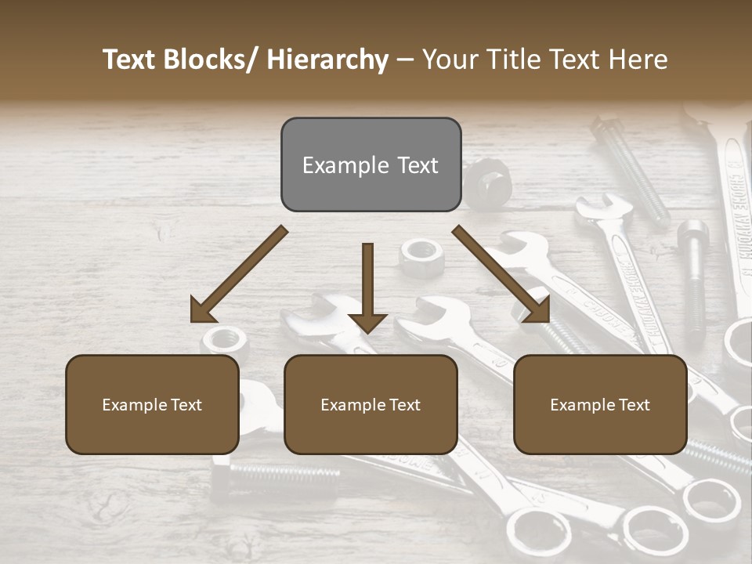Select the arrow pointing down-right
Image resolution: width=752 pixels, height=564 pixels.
(502, 275)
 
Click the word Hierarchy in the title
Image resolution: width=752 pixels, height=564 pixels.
(327, 60)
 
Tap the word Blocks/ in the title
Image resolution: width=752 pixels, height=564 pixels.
(208, 60)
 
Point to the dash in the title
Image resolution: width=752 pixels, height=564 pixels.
(405, 60)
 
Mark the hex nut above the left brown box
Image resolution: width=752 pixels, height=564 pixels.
(226, 340)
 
